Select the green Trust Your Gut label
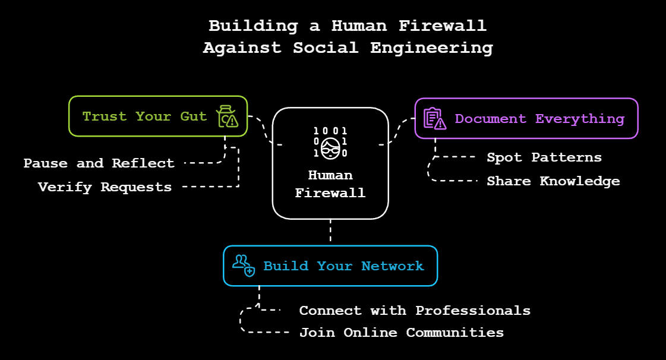click(144, 116)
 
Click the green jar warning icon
click(227, 116)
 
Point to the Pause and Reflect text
click(99, 163)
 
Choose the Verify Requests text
click(105, 187)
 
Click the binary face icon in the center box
click(330, 141)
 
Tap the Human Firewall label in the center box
click(330, 184)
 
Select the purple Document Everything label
click(539, 119)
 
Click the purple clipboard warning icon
click(434, 118)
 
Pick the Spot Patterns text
click(544, 157)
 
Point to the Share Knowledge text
click(553, 181)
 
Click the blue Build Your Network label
click(343, 266)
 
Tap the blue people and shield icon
click(244, 265)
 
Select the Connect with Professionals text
click(415, 311)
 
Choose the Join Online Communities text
click(401, 333)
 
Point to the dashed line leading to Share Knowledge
click(454, 181)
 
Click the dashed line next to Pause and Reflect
click(202, 163)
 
